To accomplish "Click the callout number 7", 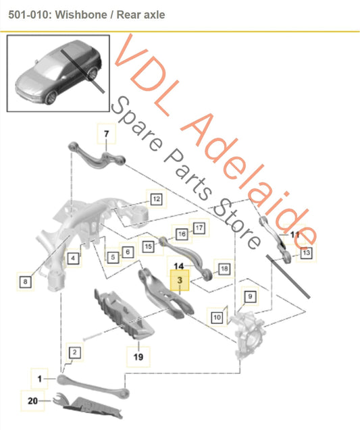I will pos(105,135).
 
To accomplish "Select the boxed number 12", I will pos(155,199).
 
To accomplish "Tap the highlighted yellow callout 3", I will pos(180,279).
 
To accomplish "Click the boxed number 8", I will pos(26,281).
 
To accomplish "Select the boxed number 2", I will pos(74,352).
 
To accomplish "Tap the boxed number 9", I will pos(249,296).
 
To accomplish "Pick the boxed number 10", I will pos(217,316).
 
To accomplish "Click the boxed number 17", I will pos(198,228).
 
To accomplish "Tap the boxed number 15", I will pos(148,247).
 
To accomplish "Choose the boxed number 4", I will pos(72,257).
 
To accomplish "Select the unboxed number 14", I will pos(180,266).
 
